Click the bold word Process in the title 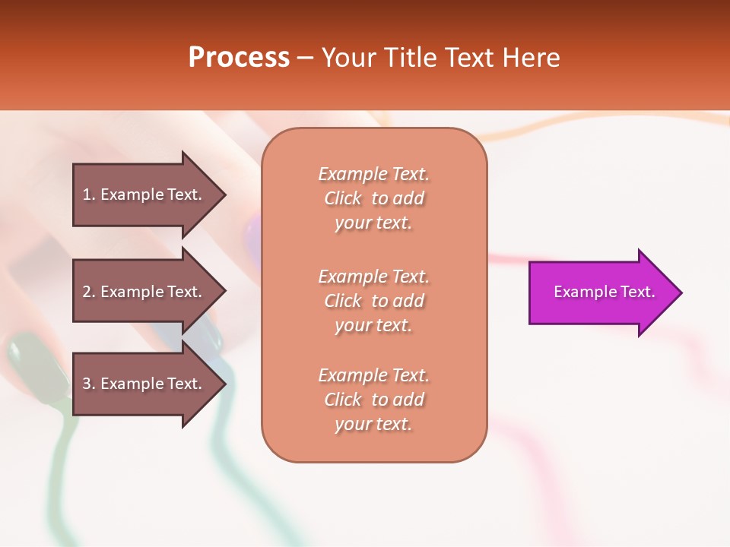pyautogui.click(x=239, y=58)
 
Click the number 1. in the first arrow pyautogui.click(x=89, y=194)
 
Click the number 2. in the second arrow pyautogui.click(x=89, y=292)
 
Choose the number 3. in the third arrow pyautogui.click(x=89, y=384)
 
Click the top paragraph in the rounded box pyautogui.click(x=373, y=198)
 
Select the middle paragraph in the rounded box pyautogui.click(x=373, y=300)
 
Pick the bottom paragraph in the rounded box pyautogui.click(x=373, y=400)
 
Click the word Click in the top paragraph pyautogui.click(x=342, y=198)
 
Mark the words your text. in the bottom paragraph pyautogui.click(x=373, y=424)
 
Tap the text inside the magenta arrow pyautogui.click(x=604, y=292)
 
